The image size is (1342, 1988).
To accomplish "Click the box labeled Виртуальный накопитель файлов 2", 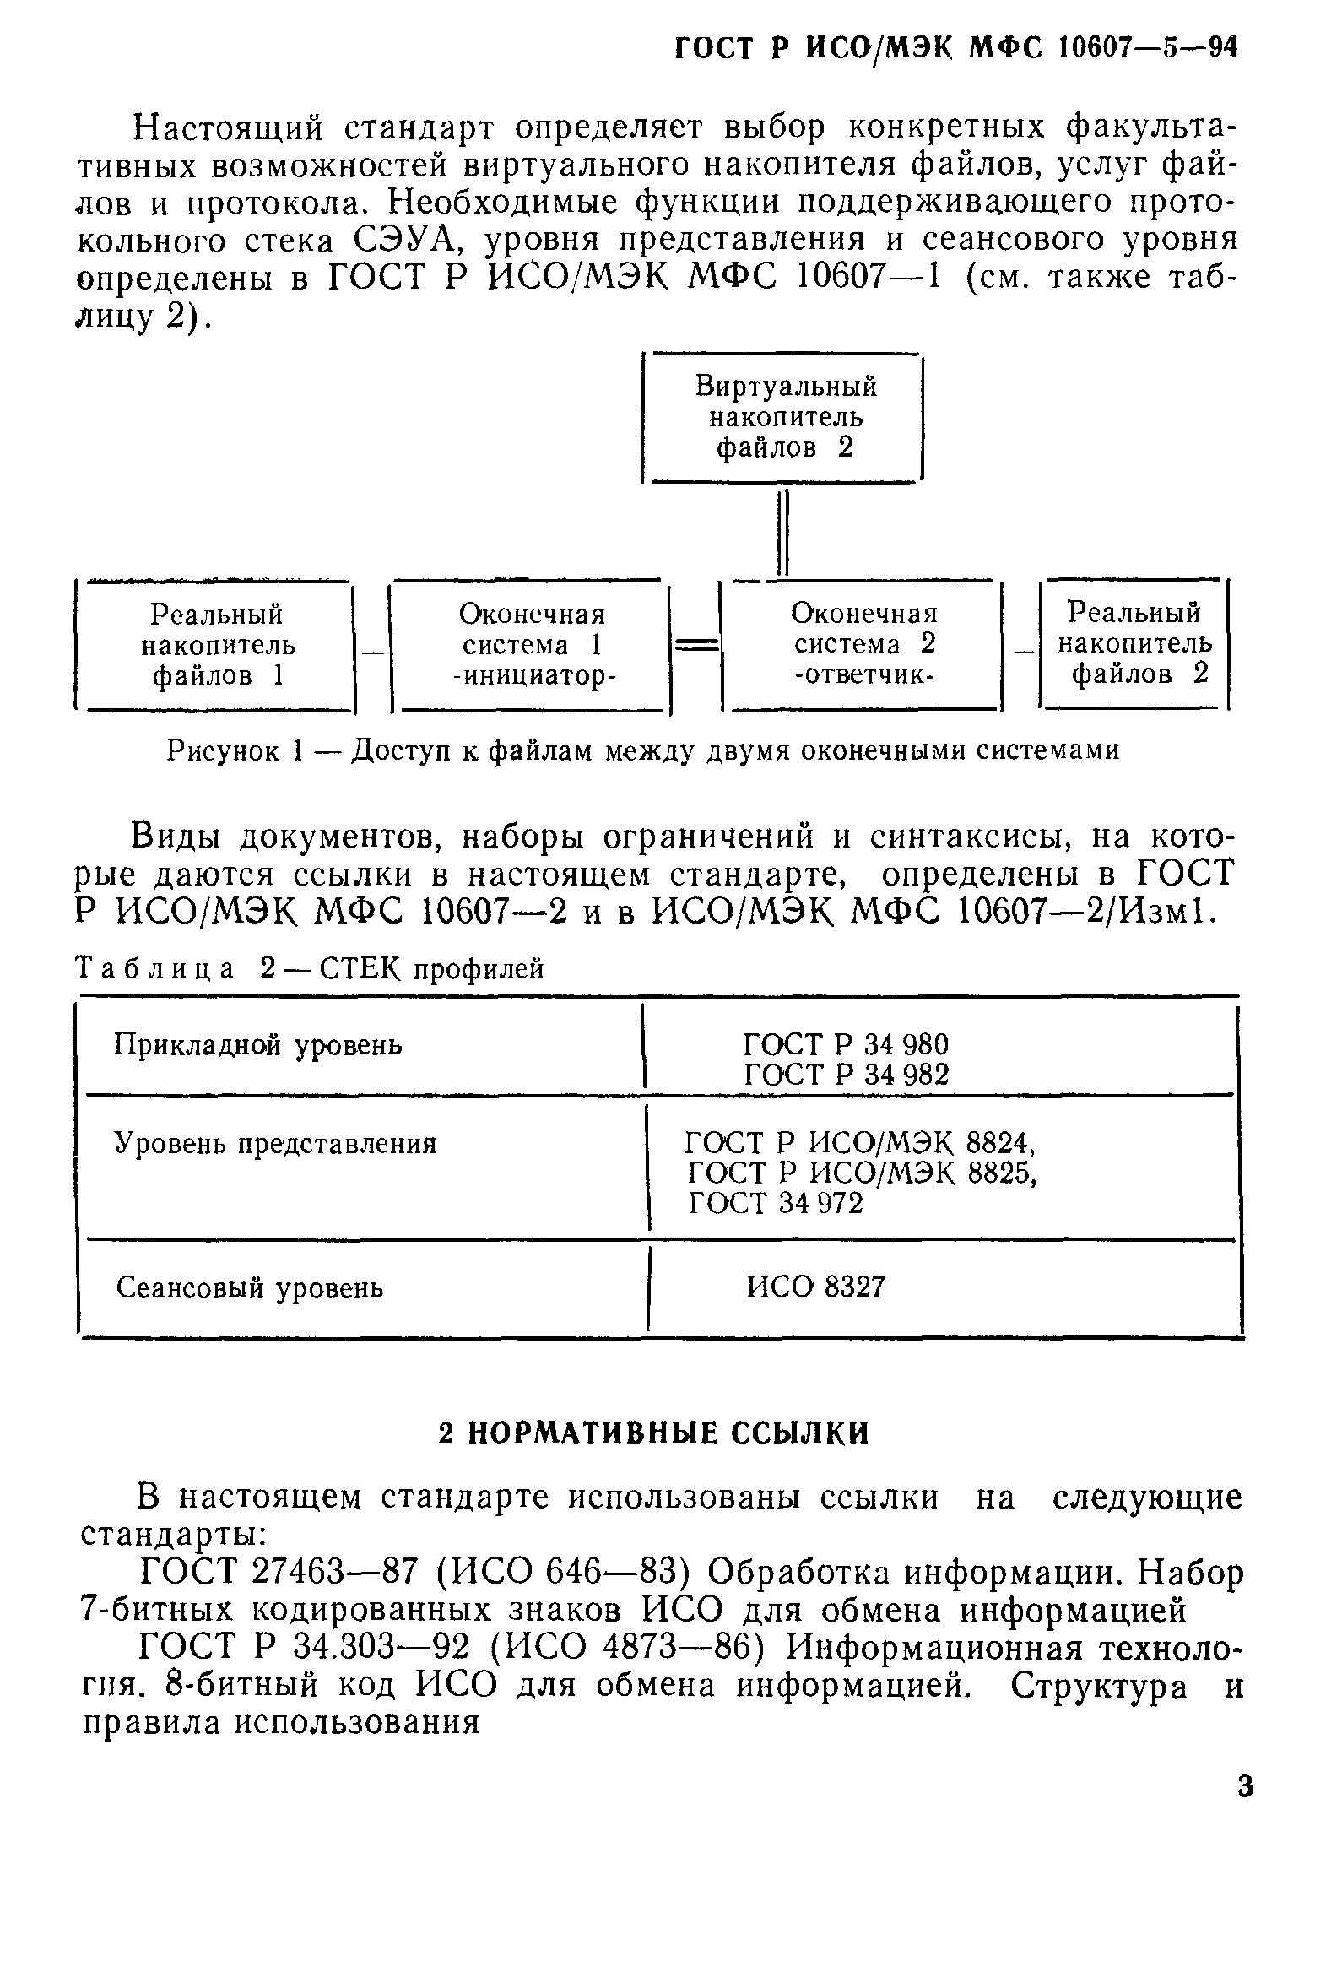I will [782, 418].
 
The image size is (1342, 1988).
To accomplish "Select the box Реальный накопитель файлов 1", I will [215, 645].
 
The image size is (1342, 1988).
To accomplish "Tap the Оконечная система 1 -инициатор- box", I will [530, 645].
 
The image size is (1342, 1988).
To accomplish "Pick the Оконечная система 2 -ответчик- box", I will [862, 644].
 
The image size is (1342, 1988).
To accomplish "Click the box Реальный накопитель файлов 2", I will [1134, 643].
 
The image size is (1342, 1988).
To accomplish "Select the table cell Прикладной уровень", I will [257, 1045].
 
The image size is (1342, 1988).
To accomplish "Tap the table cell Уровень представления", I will [275, 1144].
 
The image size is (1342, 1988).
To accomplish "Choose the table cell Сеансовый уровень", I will [249, 1287].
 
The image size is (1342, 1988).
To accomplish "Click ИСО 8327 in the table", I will [815, 1287].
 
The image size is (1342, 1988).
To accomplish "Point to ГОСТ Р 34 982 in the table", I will [845, 1075].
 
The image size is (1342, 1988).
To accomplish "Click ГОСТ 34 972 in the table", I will [775, 1204].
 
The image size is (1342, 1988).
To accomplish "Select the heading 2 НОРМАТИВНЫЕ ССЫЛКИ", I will [653, 1433].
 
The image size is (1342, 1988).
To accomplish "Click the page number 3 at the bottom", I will [1244, 1786].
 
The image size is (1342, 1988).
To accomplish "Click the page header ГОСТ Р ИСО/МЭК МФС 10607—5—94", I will [955, 48].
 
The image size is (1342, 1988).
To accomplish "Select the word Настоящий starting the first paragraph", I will [230, 127].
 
